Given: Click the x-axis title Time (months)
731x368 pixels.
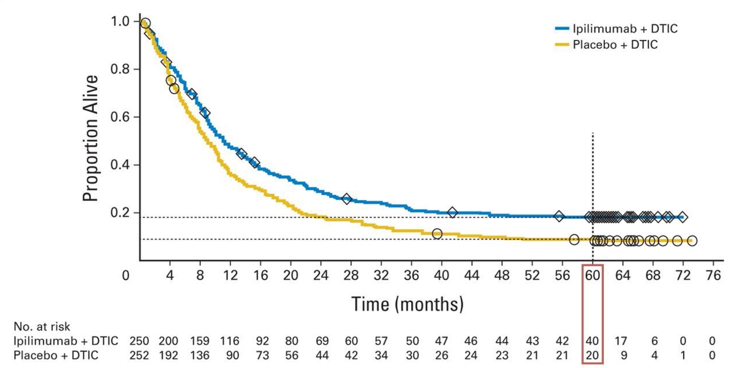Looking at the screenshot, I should [407, 304].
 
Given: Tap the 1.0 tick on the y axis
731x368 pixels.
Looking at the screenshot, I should [120, 22].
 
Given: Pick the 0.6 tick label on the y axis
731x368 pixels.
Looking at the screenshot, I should [120, 117].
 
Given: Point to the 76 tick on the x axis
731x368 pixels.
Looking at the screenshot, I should [713, 275].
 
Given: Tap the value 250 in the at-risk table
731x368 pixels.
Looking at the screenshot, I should [140, 340].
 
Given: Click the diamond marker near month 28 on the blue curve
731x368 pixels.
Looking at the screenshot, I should [347, 199].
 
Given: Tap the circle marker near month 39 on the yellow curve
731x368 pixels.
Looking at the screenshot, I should [437, 234].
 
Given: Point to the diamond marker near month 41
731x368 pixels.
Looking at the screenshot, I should [452, 212].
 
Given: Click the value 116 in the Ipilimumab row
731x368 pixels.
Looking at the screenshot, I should [231, 340].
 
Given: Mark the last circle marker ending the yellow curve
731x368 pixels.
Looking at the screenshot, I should [692, 241].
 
